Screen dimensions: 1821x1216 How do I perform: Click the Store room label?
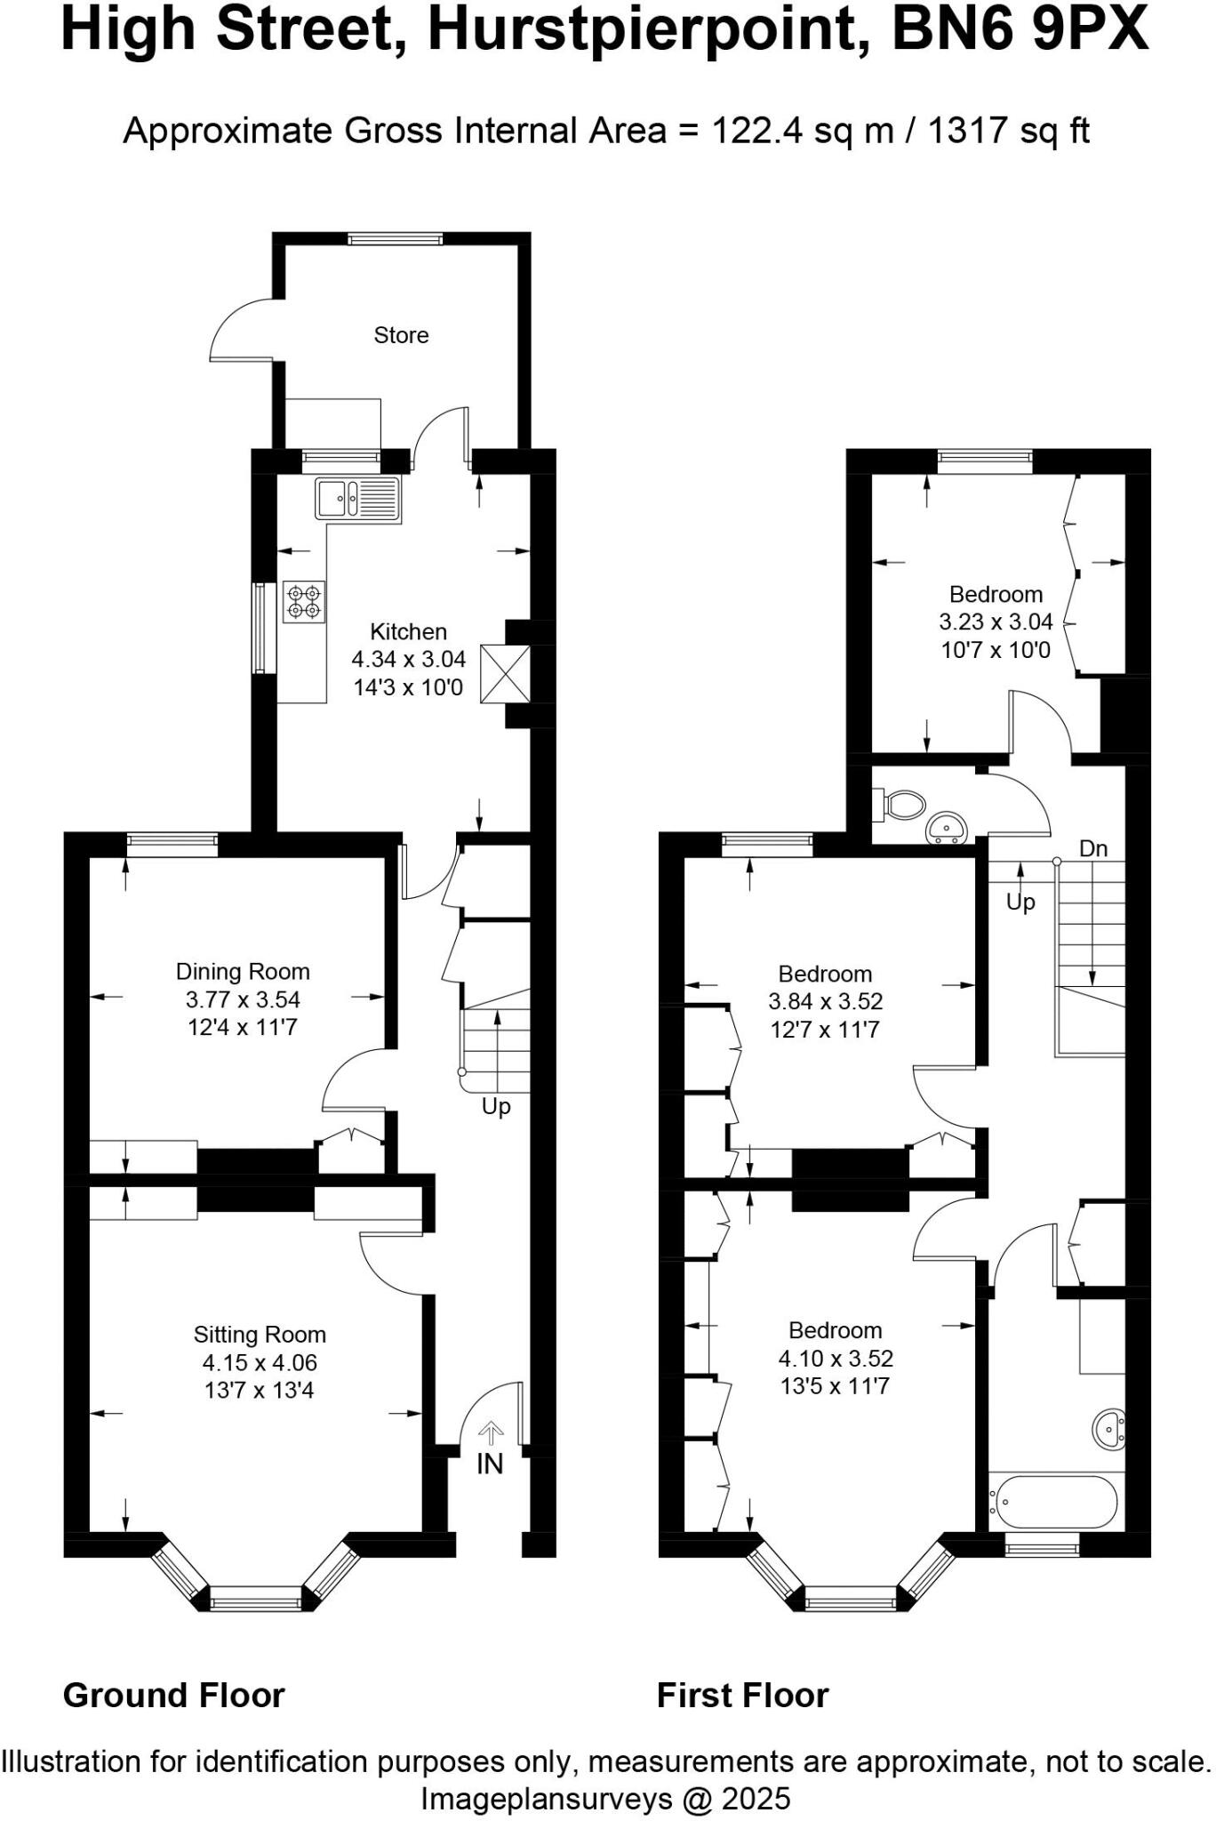(x=401, y=335)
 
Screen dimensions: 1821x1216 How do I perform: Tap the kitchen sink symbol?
(x=357, y=498)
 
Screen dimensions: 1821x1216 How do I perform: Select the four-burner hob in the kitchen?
(x=304, y=602)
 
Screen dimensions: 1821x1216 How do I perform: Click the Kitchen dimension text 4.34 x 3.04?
(x=408, y=659)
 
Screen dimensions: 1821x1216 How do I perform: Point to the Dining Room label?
(x=243, y=971)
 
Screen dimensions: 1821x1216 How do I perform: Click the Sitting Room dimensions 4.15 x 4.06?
(x=260, y=1362)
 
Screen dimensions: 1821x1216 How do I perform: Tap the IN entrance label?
(x=490, y=1464)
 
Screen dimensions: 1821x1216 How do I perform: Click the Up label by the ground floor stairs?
(x=496, y=1106)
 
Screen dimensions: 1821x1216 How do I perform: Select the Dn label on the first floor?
(x=1093, y=848)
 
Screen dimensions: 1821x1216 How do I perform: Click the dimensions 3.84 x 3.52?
(x=825, y=1001)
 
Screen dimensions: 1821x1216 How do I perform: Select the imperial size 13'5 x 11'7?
(x=835, y=1385)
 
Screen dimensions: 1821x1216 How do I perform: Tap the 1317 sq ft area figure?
(x=1008, y=131)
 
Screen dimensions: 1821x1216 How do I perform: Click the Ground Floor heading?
(x=174, y=1695)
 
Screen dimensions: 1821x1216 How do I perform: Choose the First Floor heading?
(x=742, y=1695)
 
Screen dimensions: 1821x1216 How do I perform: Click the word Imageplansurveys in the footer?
(x=546, y=1799)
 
